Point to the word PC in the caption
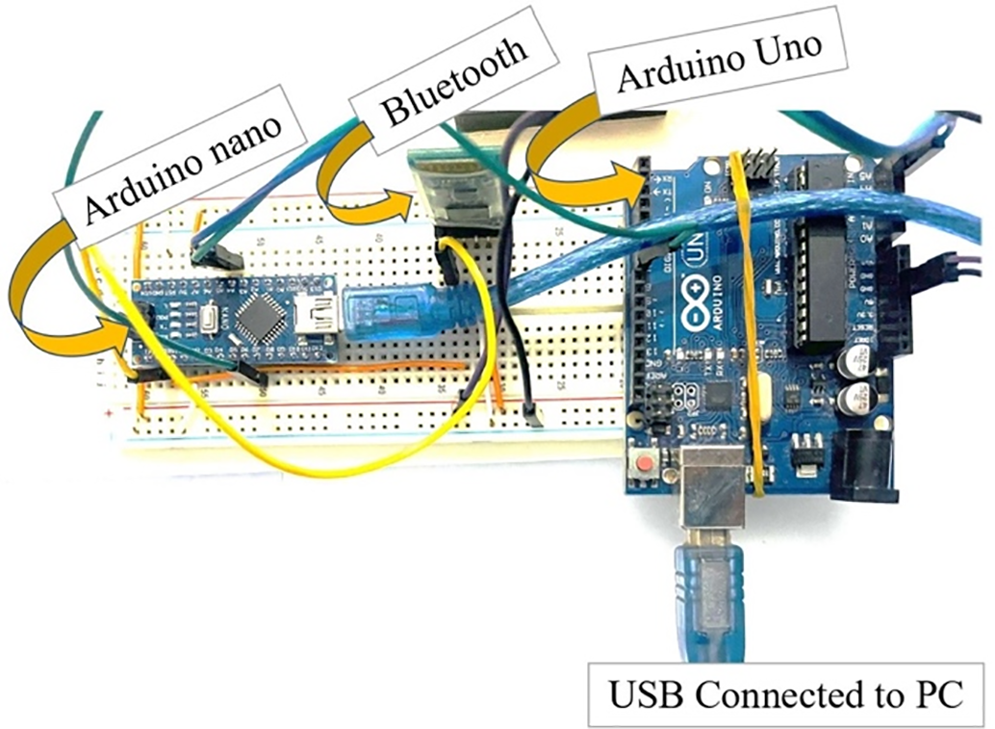pyautogui.click(x=937, y=693)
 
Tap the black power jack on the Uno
pyautogui.click(x=865, y=467)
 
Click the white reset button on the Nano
pyautogui.click(x=211, y=315)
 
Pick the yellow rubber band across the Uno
pyautogui.click(x=751, y=318)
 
